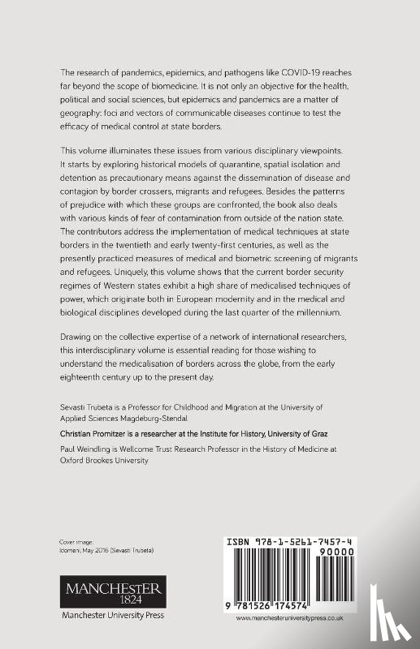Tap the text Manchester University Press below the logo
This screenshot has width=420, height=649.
pos(113,616)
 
